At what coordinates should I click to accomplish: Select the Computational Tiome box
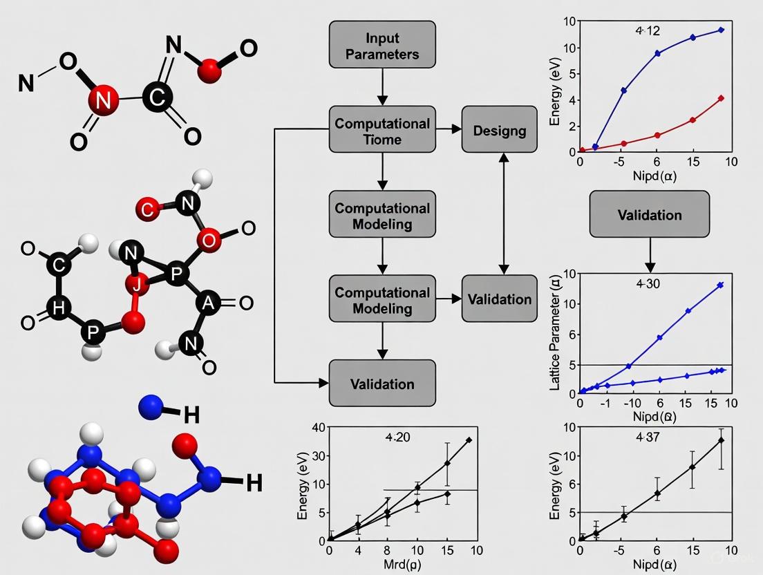coord(382,130)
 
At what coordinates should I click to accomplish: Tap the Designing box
coord(499,130)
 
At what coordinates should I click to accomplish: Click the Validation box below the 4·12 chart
coord(649,215)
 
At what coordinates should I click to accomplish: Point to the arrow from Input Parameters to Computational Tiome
coord(382,87)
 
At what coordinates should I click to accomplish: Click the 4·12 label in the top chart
coord(648,31)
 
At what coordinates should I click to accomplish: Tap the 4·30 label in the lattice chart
coord(649,283)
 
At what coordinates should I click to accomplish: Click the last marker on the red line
coord(721,98)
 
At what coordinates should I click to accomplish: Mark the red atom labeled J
coord(138,283)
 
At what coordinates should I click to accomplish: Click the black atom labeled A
coord(206,302)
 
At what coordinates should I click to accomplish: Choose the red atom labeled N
coord(103,101)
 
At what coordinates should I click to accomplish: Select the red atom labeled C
coord(148,207)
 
